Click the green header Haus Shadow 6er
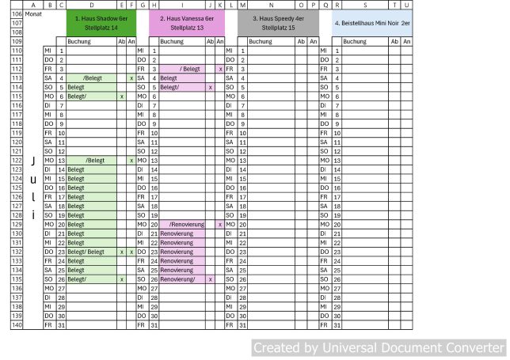click(101, 22)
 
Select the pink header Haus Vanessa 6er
click(187, 22)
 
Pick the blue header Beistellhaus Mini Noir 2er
click(371, 23)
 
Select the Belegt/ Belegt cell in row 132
click(91, 252)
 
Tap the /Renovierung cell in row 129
click(187, 225)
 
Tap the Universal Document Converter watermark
click(378, 347)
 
